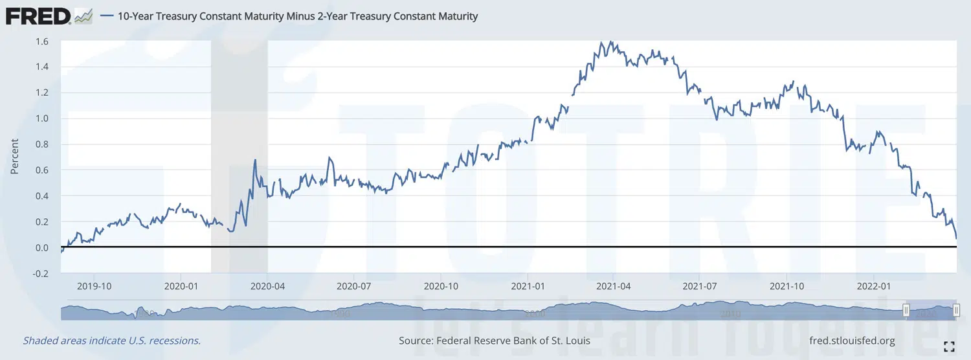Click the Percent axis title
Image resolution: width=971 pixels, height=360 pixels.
coord(14,157)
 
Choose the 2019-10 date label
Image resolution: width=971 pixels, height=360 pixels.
coord(95,285)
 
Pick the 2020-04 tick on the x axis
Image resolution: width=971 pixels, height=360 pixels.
coord(268,285)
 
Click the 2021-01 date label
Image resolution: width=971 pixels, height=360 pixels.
coord(528,285)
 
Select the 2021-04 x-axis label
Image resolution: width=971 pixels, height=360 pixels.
coord(614,285)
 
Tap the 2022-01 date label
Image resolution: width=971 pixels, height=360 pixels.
coord(875,285)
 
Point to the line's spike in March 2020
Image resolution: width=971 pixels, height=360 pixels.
coord(255,160)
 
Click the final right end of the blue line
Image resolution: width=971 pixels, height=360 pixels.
coord(956,239)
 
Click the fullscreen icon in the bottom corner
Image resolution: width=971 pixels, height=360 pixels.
coord(950,346)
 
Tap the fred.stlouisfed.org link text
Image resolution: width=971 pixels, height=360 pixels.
coord(852,341)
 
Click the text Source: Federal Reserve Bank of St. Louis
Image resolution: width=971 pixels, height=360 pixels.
coord(495,341)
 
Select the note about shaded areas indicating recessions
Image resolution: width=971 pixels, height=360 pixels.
coord(111,341)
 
